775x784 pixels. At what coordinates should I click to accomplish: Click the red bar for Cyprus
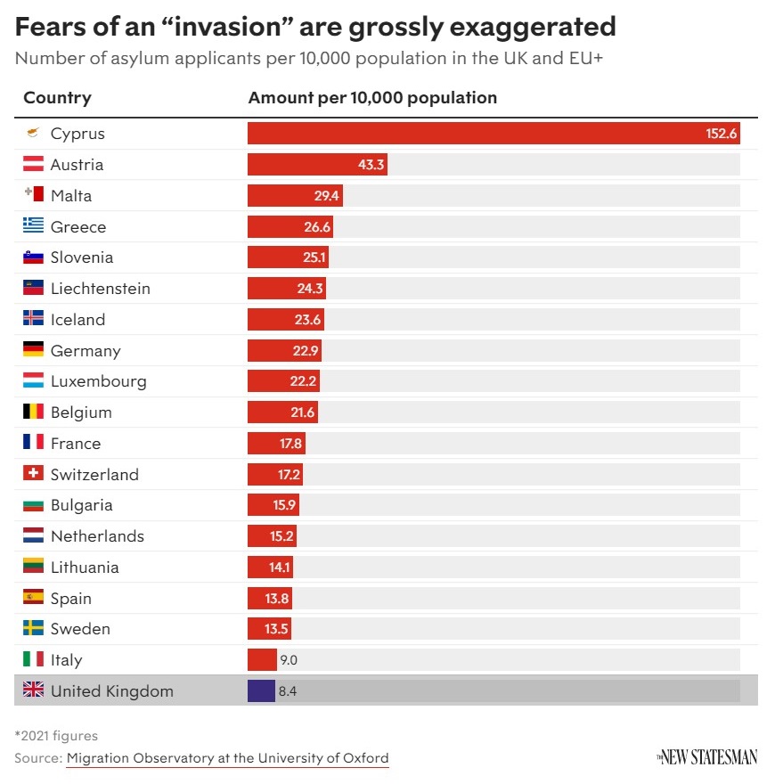click(494, 134)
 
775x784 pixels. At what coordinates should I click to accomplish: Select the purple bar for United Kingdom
click(261, 691)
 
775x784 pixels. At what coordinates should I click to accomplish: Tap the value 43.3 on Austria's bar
click(371, 165)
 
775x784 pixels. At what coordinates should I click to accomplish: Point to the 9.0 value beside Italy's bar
click(289, 660)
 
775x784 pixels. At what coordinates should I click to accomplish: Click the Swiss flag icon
click(33, 474)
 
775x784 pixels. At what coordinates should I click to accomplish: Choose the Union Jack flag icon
click(33, 690)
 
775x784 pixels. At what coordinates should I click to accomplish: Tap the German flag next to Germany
click(33, 350)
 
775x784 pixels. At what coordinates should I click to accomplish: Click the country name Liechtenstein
click(100, 289)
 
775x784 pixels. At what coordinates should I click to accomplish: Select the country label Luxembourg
click(98, 381)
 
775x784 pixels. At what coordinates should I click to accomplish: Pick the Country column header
click(57, 98)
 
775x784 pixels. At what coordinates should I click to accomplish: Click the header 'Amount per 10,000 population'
click(372, 98)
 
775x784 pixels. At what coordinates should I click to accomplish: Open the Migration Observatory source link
click(227, 758)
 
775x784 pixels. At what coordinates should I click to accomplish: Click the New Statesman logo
click(707, 757)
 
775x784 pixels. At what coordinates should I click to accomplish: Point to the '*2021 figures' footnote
click(56, 736)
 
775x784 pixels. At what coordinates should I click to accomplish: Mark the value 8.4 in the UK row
click(288, 691)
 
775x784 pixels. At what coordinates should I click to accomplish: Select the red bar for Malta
click(294, 196)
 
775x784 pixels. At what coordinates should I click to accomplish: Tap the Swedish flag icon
click(33, 629)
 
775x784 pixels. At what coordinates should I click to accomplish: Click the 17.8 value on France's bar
click(290, 444)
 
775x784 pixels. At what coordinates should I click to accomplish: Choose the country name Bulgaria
click(81, 505)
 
